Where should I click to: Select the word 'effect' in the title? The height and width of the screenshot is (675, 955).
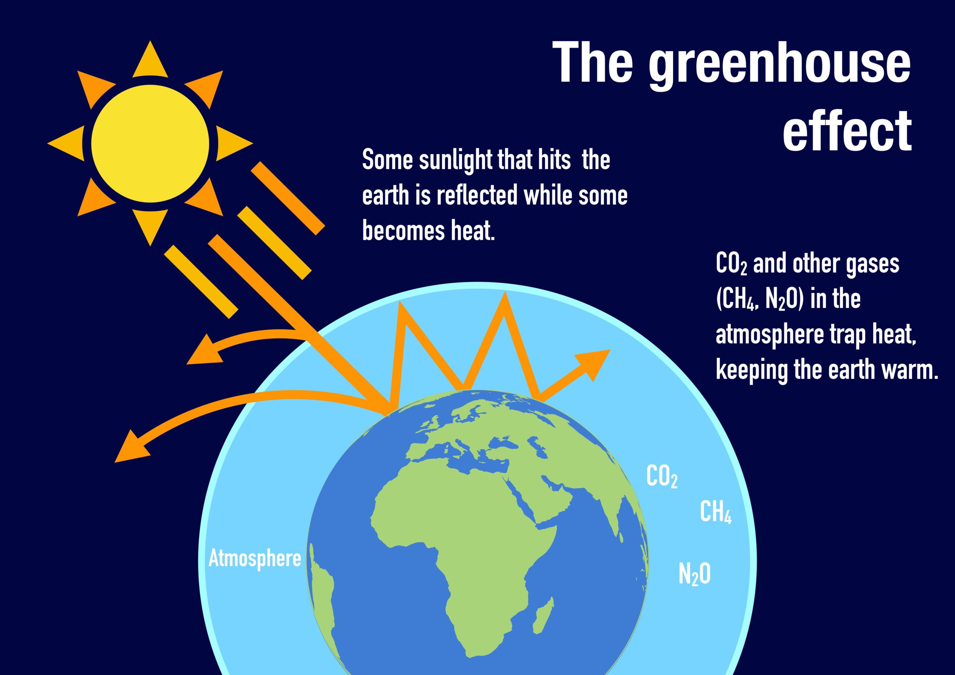pos(847,130)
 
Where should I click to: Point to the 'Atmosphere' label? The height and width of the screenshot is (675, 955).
pos(254,558)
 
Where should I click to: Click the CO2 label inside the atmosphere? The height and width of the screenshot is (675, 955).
pos(662,477)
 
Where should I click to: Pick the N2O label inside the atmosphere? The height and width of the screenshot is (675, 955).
pos(695,574)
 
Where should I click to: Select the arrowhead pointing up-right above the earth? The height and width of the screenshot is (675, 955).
pos(593,364)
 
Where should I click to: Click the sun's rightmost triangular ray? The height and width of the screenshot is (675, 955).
pos(235,144)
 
